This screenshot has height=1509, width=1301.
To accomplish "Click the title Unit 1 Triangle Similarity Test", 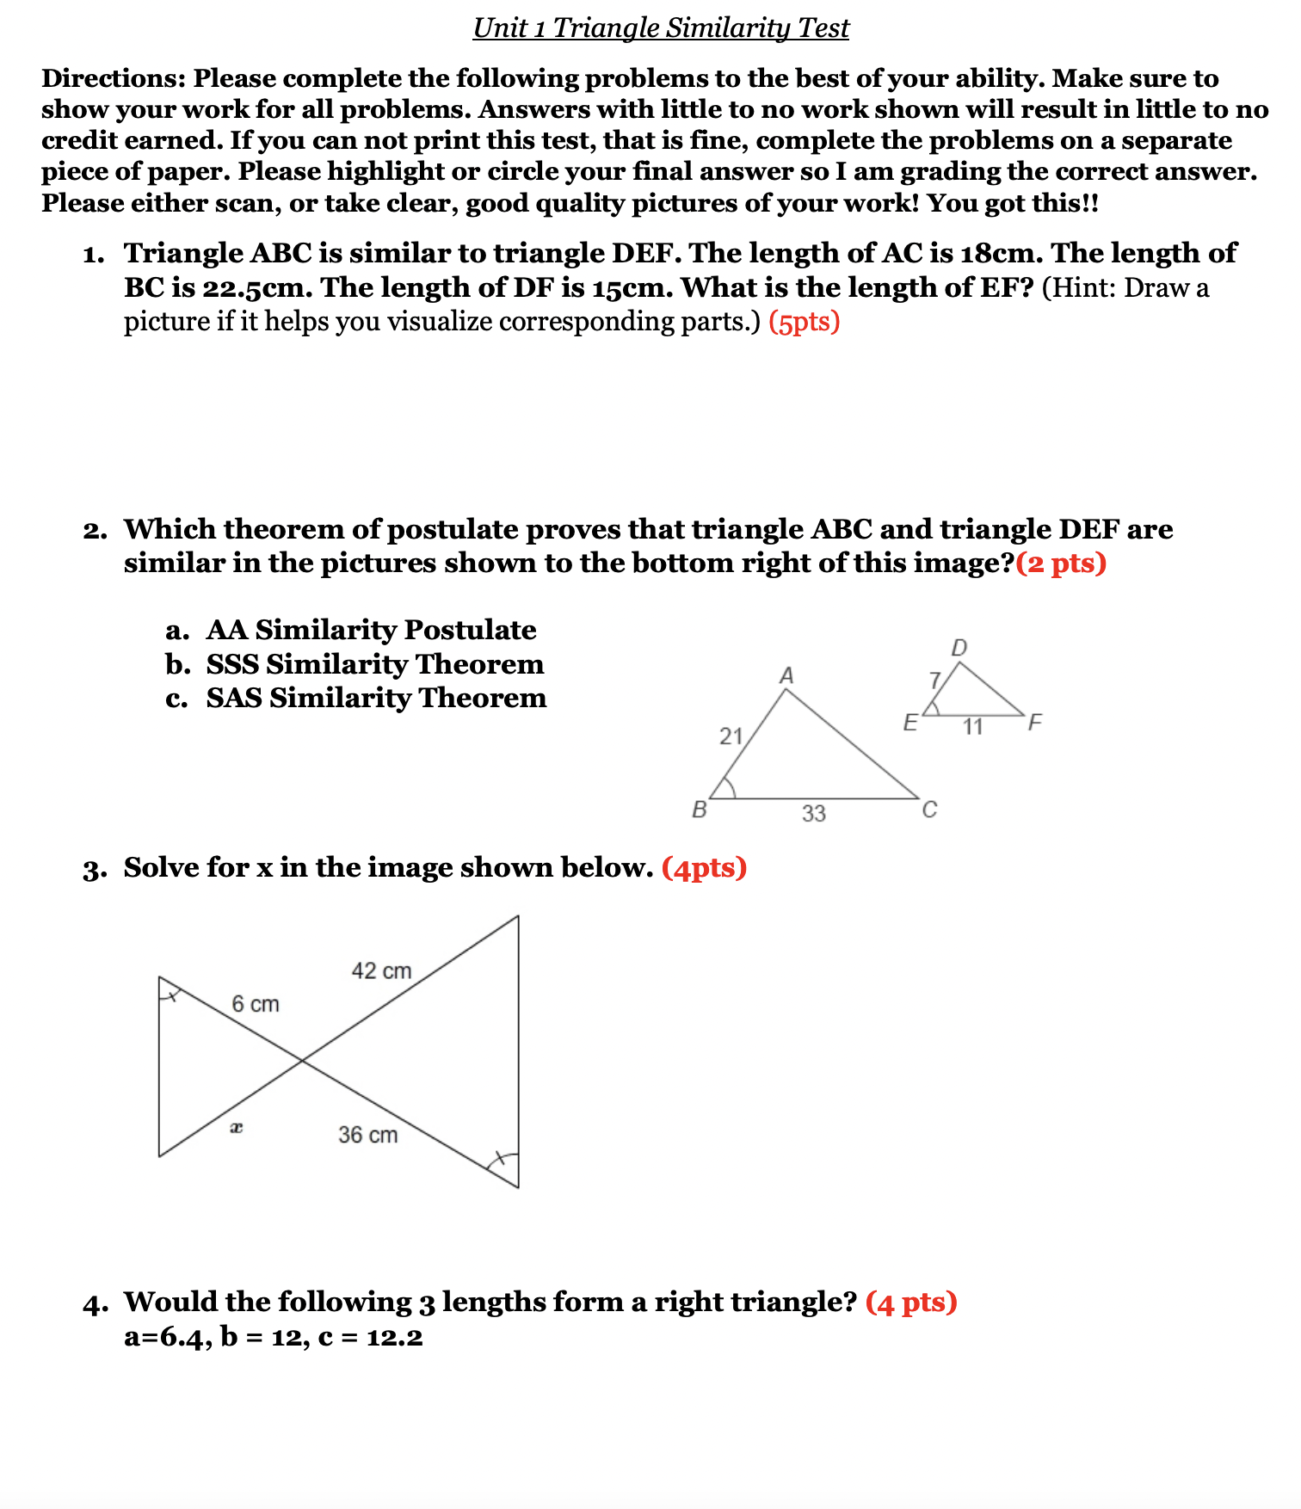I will (661, 28).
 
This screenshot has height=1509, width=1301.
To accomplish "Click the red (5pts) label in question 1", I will (804, 322).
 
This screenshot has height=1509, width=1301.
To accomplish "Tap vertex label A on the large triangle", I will (786, 676).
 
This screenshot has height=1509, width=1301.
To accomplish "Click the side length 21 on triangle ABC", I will (731, 736).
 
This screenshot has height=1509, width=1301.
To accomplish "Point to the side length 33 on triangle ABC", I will (813, 813).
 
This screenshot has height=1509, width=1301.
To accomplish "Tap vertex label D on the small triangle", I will (959, 648).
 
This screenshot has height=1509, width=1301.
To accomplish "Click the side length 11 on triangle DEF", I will (972, 727).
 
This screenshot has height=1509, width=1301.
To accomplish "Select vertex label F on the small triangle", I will (1034, 722).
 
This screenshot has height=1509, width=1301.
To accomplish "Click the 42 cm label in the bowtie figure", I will (381, 971).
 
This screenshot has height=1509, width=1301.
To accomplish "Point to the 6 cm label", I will (256, 1004).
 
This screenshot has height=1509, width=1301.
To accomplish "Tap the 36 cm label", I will (367, 1135).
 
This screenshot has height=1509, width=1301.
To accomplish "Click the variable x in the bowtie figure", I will (237, 1127).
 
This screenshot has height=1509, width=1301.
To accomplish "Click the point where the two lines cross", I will (301, 1062).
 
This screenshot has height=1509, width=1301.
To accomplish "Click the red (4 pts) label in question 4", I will (911, 1303).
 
